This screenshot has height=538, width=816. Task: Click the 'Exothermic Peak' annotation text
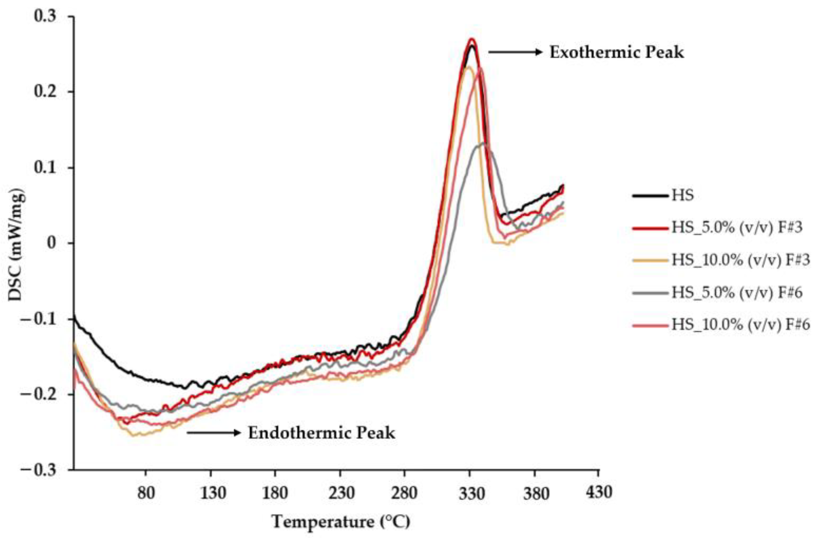616,53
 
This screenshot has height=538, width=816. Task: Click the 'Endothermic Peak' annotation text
321,433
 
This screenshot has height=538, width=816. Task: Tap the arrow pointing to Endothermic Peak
213,433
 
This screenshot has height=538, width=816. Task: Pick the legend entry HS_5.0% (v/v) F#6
737,292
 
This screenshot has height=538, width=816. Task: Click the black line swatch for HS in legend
649,196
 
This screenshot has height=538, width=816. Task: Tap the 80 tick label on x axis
146,493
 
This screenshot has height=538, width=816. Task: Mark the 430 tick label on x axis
599,492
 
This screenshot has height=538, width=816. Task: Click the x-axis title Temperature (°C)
341,522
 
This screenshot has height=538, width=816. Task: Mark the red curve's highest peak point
472,39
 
